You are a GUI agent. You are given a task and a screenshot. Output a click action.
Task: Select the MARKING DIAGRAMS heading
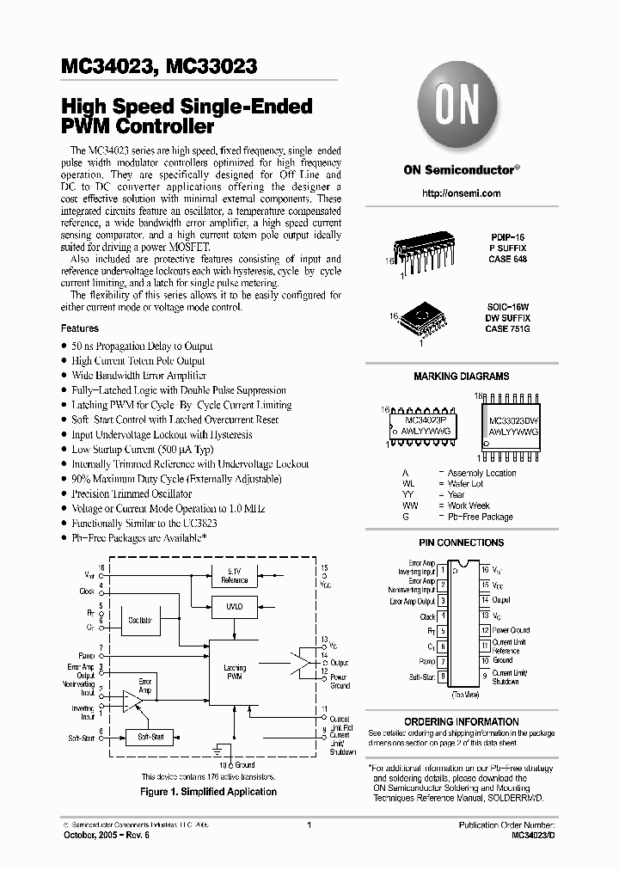[x=461, y=377]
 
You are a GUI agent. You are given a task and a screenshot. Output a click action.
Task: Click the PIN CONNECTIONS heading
[x=461, y=543]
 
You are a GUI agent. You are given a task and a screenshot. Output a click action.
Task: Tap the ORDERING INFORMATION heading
[x=461, y=722]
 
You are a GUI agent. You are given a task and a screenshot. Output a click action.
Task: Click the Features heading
[x=80, y=328]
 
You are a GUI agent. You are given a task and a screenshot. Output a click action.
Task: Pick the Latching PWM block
[x=235, y=672]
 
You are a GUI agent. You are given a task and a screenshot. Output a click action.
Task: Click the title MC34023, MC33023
[x=158, y=65]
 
